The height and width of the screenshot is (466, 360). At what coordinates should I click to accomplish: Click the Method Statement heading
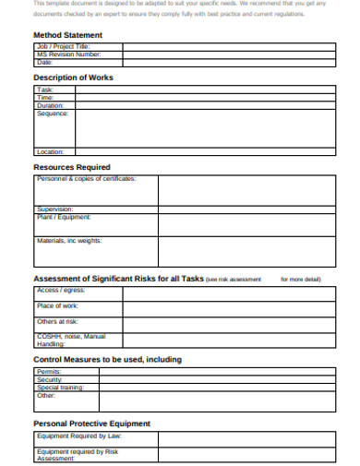[x=67, y=35]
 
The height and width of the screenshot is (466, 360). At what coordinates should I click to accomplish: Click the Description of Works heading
[x=75, y=78]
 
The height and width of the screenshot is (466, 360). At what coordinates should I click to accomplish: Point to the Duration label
[x=52, y=105]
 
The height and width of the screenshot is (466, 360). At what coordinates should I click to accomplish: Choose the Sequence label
[x=54, y=114]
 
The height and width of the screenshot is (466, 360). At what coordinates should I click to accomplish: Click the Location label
[x=51, y=151]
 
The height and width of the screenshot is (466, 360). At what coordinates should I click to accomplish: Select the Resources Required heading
[x=72, y=168]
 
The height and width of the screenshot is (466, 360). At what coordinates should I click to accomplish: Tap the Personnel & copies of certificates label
[x=86, y=178]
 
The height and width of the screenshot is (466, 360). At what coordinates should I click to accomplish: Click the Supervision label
[x=54, y=209]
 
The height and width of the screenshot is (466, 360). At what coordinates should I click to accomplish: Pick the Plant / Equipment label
[x=63, y=218]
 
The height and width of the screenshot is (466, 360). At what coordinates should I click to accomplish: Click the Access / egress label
[x=61, y=291]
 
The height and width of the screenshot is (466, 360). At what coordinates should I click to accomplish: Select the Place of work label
[x=57, y=305]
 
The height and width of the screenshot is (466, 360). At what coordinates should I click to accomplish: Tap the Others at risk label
[x=58, y=321]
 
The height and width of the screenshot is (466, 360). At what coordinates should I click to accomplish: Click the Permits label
[x=49, y=372]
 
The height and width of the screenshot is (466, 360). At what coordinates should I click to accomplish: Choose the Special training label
[x=60, y=388]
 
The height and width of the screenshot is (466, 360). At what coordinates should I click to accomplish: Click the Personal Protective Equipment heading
[x=91, y=424]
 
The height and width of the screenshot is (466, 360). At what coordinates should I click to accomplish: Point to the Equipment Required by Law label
[x=78, y=436]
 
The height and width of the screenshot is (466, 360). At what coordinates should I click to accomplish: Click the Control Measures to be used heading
[x=107, y=359]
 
